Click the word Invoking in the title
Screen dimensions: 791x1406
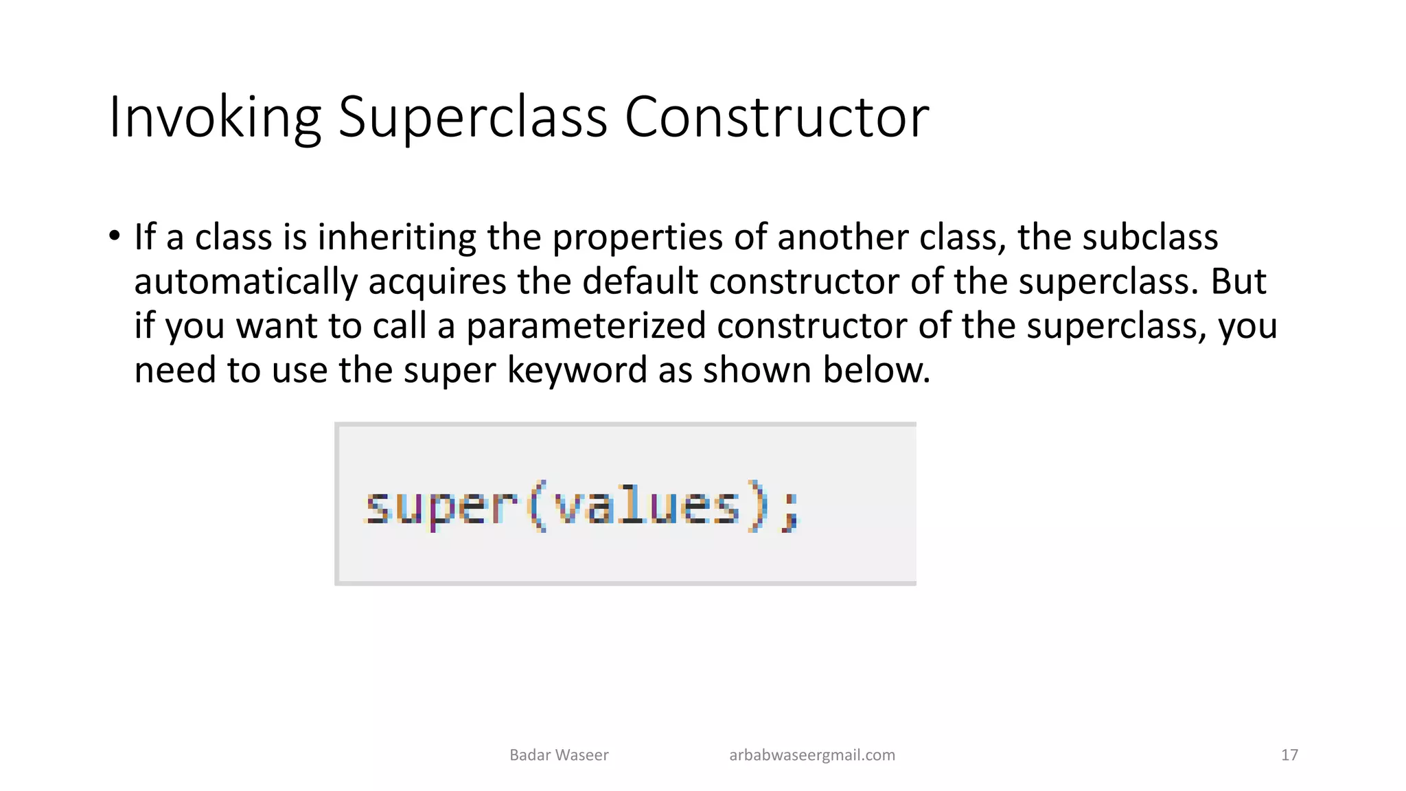tap(215, 117)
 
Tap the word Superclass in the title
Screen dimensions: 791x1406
tap(472, 117)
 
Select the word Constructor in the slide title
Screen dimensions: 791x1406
tap(776, 117)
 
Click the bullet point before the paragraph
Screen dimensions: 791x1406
tap(114, 236)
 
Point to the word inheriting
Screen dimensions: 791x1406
tap(396, 237)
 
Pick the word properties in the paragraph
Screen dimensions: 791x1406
tap(637, 238)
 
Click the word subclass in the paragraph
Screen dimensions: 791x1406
tap(1150, 237)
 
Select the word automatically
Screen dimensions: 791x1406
tap(246, 282)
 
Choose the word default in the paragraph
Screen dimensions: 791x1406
tap(639, 281)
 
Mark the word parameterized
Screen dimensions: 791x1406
tap(586, 326)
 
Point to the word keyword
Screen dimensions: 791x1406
tap(577, 371)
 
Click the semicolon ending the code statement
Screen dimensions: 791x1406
tap(792, 511)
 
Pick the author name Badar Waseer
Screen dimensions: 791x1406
tap(559, 755)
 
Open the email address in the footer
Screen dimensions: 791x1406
tap(811, 755)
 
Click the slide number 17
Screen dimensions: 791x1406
tap(1289, 755)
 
